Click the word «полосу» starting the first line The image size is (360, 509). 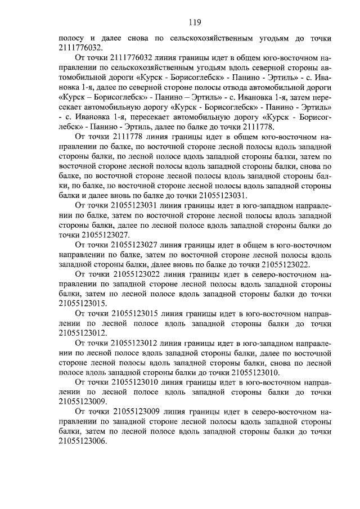72,38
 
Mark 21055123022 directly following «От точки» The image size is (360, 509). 137,274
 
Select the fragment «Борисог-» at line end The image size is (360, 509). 313,117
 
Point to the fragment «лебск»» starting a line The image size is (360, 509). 73,127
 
